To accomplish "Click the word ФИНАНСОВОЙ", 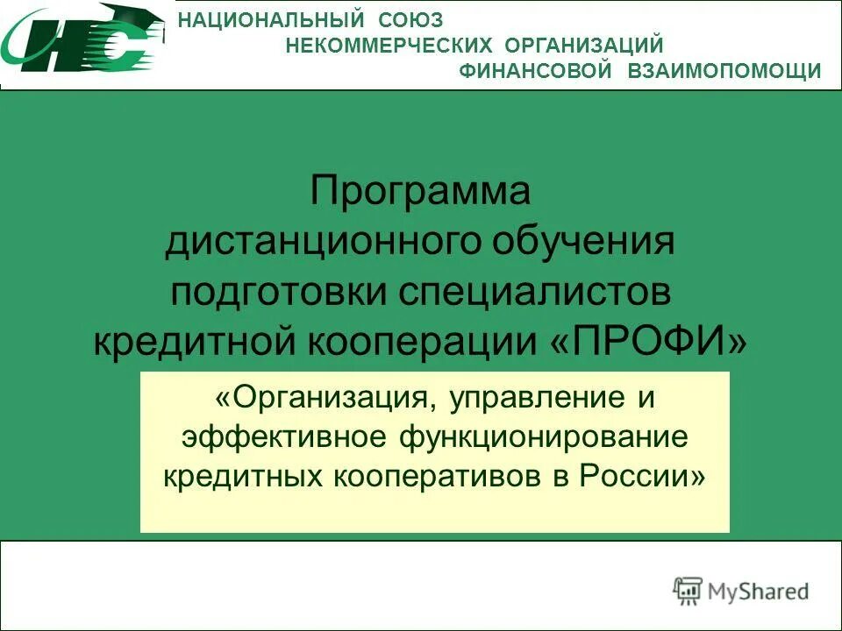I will click(535, 71).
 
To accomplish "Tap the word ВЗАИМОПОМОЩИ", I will click(724, 71).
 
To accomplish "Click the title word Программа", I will click(420, 191).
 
